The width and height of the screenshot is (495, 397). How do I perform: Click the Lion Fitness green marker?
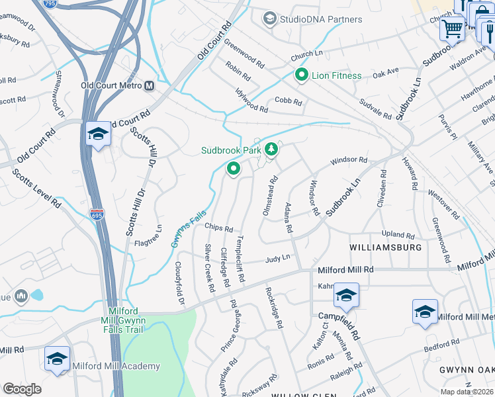pos(302,75)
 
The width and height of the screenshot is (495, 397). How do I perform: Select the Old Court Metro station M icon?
pos(150,85)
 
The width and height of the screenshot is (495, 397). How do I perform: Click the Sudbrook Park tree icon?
pos(270,151)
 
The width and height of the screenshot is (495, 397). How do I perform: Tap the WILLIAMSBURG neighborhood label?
pos(386,247)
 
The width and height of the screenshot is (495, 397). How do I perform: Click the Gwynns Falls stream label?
pos(189,228)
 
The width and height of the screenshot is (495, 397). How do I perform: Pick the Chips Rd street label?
pos(218,228)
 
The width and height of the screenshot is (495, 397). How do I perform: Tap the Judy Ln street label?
pos(278,259)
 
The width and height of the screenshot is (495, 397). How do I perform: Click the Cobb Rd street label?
pos(288,103)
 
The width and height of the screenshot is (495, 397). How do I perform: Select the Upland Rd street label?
pos(398,235)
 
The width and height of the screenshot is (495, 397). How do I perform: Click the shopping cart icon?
pos(453,28)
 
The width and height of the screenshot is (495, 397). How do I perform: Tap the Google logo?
pos(22,389)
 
